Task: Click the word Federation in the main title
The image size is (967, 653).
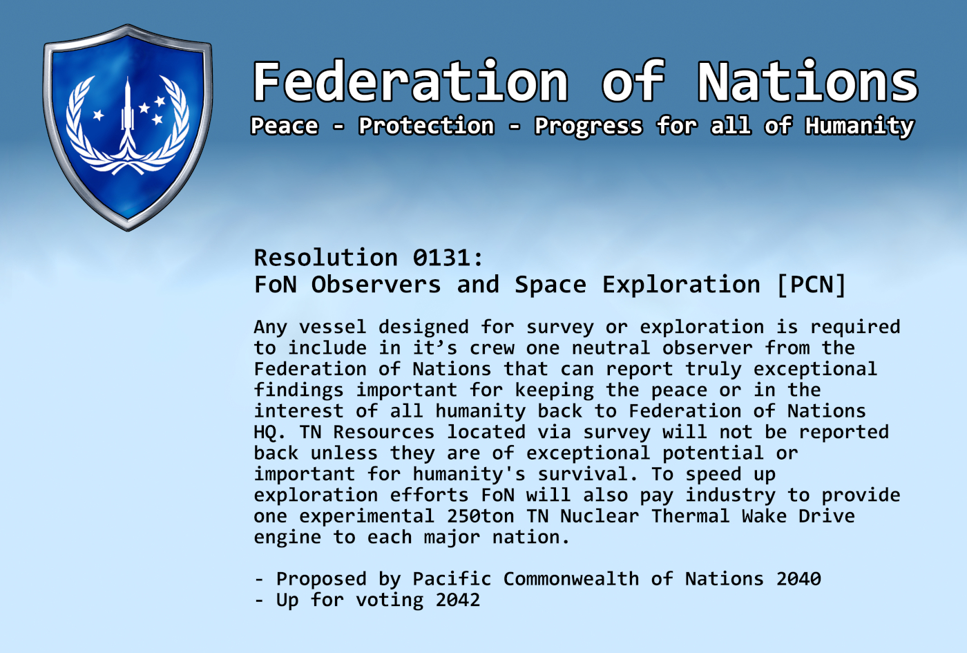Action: click(410, 82)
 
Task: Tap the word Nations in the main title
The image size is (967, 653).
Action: click(807, 82)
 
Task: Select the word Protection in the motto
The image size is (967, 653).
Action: click(426, 126)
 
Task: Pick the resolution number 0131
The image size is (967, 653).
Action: click(442, 258)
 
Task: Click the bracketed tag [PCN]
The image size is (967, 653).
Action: click(811, 285)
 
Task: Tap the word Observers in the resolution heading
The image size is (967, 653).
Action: click(376, 285)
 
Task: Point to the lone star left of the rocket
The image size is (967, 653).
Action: click(98, 115)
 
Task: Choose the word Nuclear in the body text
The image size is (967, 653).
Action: click(600, 517)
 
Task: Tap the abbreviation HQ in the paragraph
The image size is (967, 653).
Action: click(265, 433)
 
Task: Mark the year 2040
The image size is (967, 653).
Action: click(798, 579)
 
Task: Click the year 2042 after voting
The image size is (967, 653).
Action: click(457, 600)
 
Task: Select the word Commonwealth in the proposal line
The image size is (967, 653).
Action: click(571, 579)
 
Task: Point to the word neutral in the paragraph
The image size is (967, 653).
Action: click(611, 348)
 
